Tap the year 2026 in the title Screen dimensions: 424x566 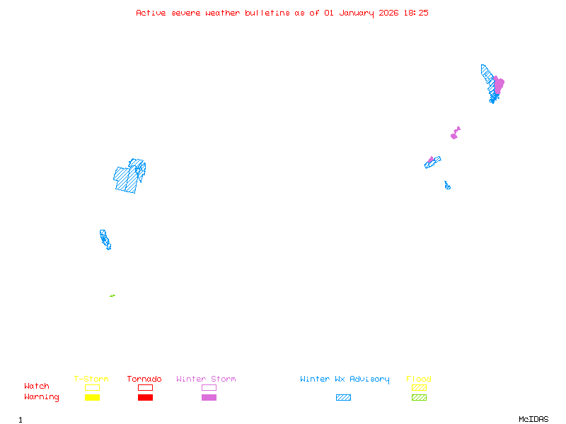pyautogui.click(x=388, y=13)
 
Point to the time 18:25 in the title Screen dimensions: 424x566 pyautogui.click(x=416, y=13)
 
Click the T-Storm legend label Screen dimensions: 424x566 pyautogui.click(x=91, y=379)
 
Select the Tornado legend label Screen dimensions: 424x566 pyautogui.click(x=144, y=379)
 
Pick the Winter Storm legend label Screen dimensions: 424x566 pyautogui.click(x=206, y=379)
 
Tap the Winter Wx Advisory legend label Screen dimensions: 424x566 pyautogui.click(x=345, y=379)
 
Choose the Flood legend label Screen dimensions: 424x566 pyautogui.click(x=419, y=379)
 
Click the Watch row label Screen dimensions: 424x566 pyautogui.click(x=37, y=387)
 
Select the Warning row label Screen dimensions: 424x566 pyautogui.click(x=42, y=397)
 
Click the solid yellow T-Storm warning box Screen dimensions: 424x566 pyautogui.click(x=92, y=397)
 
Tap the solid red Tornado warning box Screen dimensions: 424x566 pyautogui.click(x=145, y=397)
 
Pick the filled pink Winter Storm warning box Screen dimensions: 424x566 pyautogui.click(x=209, y=397)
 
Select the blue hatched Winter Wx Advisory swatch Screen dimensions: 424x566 pyautogui.click(x=343, y=397)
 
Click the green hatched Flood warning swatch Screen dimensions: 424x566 pyautogui.click(x=419, y=397)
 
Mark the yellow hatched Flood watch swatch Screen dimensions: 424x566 pyautogui.click(x=419, y=387)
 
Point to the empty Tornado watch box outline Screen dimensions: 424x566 pyautogui.click(x=145, y=387)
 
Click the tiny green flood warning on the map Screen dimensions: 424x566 pyautogui.click(x=112, y=295)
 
